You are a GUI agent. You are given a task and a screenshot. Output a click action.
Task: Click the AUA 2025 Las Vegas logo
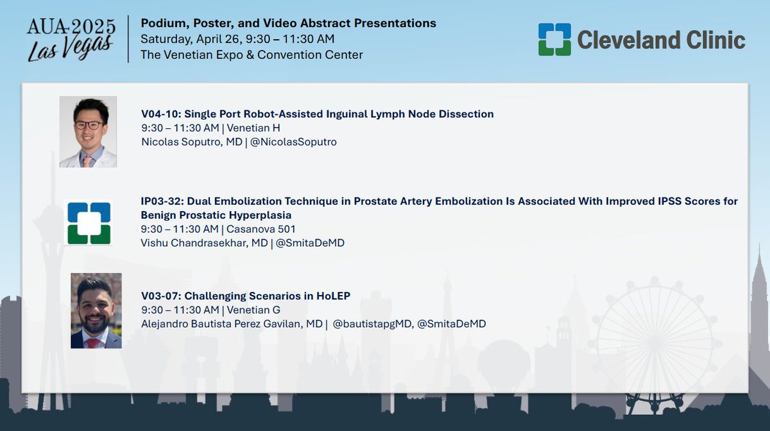pos(71,39)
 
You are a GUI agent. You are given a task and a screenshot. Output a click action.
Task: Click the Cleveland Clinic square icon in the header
pos(554,39)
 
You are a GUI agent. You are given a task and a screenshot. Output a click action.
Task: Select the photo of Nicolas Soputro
pos(88,131)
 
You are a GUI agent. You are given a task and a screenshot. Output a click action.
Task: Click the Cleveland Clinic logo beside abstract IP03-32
pos(88,223)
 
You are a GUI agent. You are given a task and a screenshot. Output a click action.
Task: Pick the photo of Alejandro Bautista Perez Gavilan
pos(96,311)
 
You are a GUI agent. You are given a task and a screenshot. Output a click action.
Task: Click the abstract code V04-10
pos(160,114)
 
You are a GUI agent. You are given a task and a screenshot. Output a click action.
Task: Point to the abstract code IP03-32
pos(160,201)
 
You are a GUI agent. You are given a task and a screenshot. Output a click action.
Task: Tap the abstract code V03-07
pos(160,296)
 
